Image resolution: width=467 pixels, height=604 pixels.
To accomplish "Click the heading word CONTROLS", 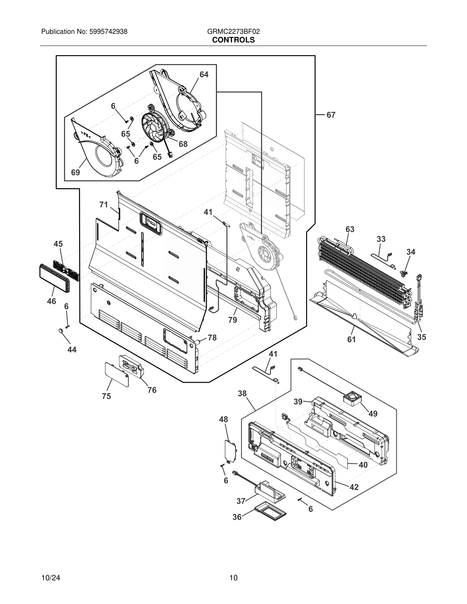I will pyautogui.click(x=233, y=40).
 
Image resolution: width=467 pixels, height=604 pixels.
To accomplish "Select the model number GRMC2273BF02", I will pyautogui.click(x=233, y=32).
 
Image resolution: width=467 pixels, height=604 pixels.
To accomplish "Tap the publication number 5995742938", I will pyautogui.click(x=108, y=32).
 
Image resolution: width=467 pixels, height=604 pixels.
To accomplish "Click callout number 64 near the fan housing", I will pyautogui.click(x=204, y=74).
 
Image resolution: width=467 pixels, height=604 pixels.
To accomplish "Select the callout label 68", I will pyautogui.click(x=183, y=144).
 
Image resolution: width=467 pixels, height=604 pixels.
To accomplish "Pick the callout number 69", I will pyautogui.click(x=76, y=172).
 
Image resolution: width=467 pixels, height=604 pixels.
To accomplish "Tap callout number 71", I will pyautogui.click(x=104, y=205).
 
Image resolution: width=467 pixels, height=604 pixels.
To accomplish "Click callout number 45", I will pyautogui.click(x=58, y=244).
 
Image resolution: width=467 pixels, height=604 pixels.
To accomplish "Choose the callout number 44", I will pyautogui.click(x=72, y=350).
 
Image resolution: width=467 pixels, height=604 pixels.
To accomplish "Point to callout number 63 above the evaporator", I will pyautogui.click(x=350, y=229).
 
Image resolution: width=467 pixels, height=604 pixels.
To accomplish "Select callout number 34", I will pyautogui.click(x=411, y=252).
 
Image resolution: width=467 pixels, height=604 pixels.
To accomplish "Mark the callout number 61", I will pyautogui.click(x=351, y=339).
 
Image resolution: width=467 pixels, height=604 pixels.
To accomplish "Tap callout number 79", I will pyautogui.click(x=233, y=320).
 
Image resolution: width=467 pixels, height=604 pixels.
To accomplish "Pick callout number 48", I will pyautogui.click(x=224, y=419).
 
